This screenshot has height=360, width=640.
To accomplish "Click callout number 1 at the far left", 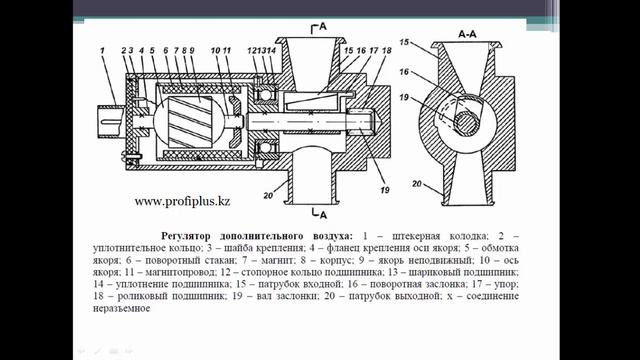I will (x=102, y=49).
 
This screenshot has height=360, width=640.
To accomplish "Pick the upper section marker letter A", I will (x=320, y=27).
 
